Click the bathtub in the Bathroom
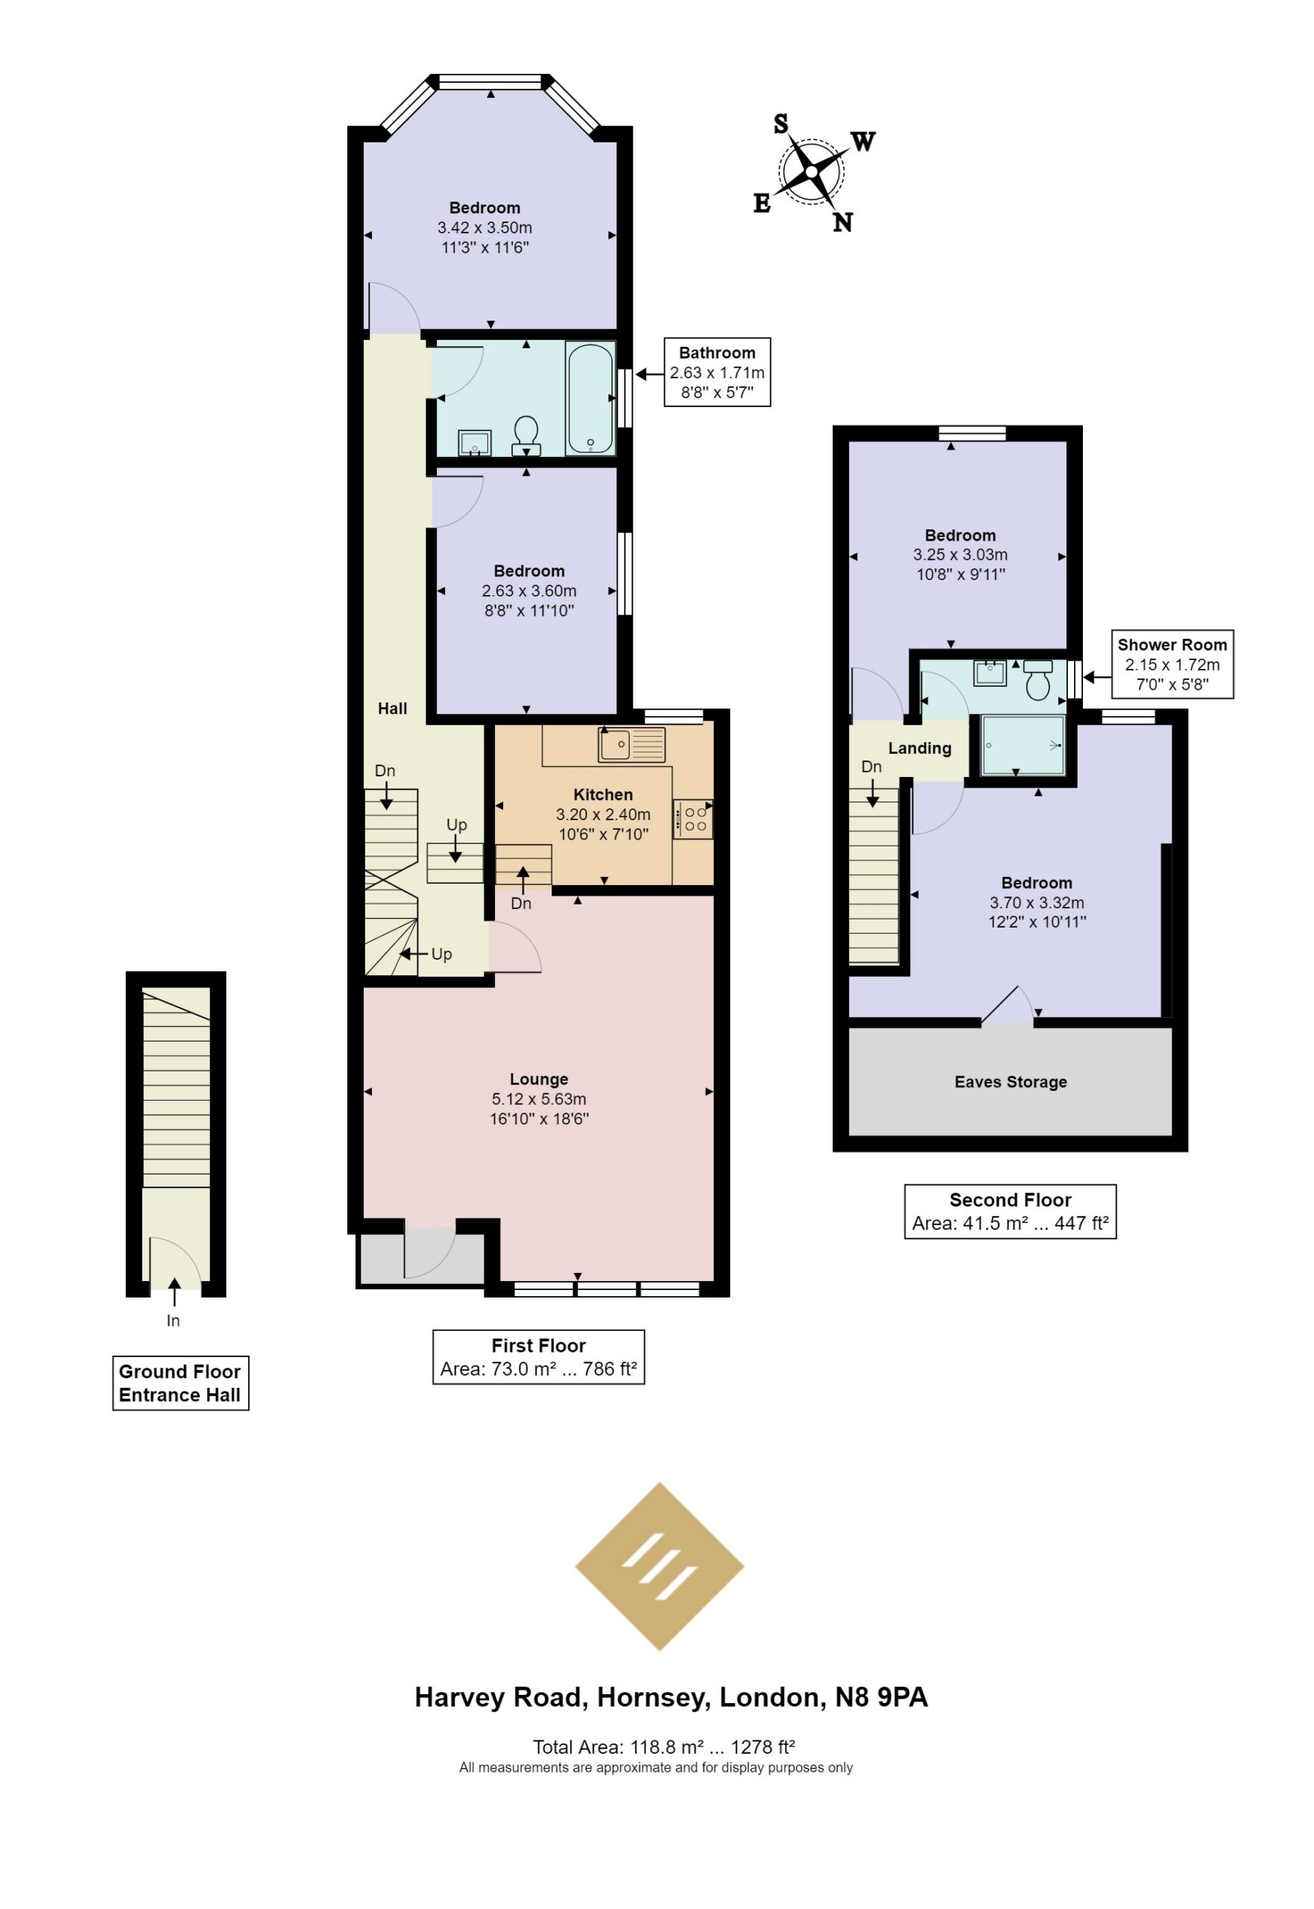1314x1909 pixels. coord(590,399)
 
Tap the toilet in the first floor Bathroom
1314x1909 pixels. coord(526,435)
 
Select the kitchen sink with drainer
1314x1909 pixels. coord(631,745)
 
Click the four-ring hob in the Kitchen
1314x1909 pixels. coord(693,820)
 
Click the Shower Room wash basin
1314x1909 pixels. coord(990,673)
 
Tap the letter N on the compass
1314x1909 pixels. coord(842,222)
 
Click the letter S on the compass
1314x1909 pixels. coord(780,125)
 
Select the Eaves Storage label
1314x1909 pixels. coord(1010,1082)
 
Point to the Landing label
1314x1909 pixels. coord(920,748)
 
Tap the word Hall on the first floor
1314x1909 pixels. coord(393,708)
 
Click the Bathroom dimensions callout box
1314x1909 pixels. coord(717,372)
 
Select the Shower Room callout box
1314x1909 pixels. coord(1172,664)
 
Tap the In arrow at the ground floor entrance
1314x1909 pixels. coord(174,1292)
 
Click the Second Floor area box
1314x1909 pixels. coord(1010,1212)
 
